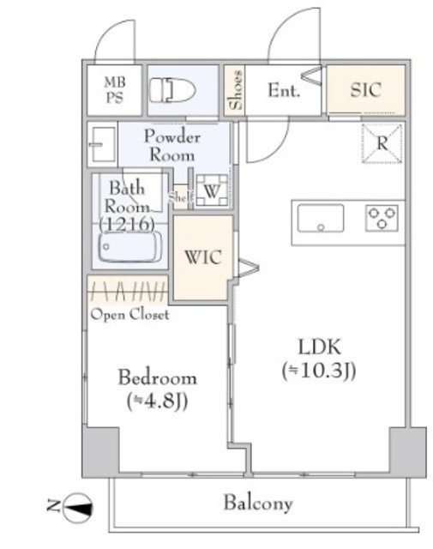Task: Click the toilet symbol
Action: [x=172, y=90]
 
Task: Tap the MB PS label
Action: [x=115, y=89]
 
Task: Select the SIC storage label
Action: [x=366, y=89]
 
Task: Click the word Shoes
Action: [x=235, y=90]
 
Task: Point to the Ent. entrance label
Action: [x=284, y=90]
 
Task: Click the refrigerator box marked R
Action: [x=382, y=143]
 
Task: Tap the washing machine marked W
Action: [x=212, y=190]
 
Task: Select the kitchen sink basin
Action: [x=321, y=218]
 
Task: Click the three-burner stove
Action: [x=382, y=218]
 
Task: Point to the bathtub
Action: [x=130, y=246]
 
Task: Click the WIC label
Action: [x=203, y=257]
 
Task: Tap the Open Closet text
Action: [x=129, y=315]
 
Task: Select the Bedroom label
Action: [x=158, y=378]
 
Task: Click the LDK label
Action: [x=319, y=347]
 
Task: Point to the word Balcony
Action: [x=258, y=504]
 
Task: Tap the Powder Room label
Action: [x=172, y=146]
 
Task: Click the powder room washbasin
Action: [x=102, y=144]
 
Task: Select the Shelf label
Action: [x=181, y=197]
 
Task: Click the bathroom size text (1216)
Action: [x=127, y=225]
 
